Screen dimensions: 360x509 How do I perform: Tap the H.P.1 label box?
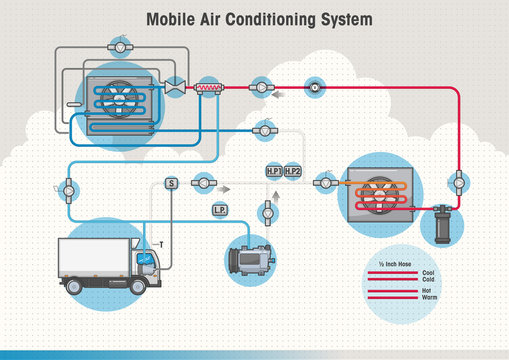(273, 172)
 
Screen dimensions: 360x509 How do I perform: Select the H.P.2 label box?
(292, 172)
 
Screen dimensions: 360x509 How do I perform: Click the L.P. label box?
(220, 210)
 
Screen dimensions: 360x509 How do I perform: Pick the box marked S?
(171, 183)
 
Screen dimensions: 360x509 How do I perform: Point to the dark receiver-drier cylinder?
(439, 226)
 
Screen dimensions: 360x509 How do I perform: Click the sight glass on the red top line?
(315, 87)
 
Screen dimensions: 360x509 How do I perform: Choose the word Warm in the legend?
(429, 297)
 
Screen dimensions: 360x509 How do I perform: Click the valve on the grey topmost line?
(119, 46)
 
